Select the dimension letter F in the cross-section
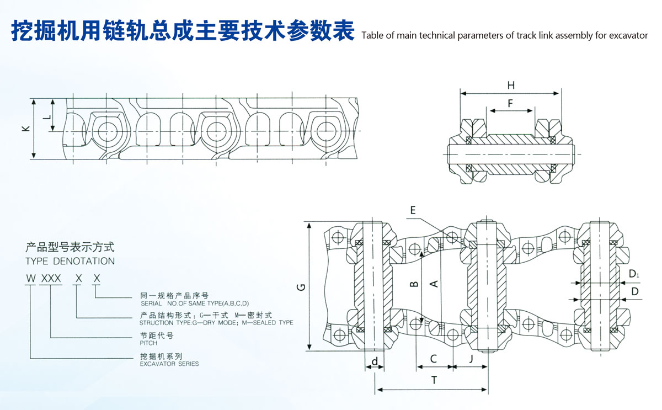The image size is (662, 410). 510,103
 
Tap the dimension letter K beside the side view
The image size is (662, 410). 25,128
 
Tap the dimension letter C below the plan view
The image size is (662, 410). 434,359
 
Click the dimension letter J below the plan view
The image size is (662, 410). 471,359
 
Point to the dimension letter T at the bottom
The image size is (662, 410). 434,380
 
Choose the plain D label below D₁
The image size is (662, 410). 634,291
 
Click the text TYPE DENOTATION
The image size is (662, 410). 70,261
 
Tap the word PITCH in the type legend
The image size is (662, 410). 149,343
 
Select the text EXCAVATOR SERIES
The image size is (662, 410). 169,364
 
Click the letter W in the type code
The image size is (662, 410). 29,278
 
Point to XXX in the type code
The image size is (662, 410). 50,278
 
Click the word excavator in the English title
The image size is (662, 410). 629,36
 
